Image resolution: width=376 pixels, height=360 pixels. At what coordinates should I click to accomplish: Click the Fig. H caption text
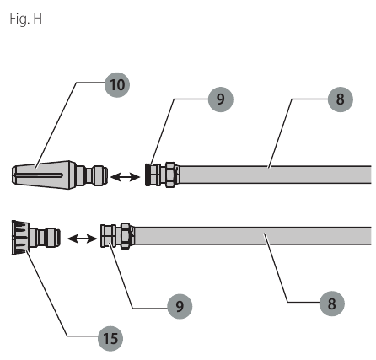26,19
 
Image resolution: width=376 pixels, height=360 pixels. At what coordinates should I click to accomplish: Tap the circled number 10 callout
117,85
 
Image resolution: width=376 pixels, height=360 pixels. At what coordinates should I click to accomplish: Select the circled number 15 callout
110,338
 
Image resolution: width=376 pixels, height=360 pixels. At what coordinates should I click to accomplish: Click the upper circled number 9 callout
221,99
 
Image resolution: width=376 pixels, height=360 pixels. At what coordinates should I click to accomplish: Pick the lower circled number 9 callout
180,306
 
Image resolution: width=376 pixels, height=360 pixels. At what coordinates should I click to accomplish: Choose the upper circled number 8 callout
341,99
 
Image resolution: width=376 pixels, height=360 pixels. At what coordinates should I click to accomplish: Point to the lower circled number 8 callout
332,304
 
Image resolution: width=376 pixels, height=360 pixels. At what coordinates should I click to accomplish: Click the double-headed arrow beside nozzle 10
125,177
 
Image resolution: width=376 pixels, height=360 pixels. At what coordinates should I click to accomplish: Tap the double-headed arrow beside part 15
82,239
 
